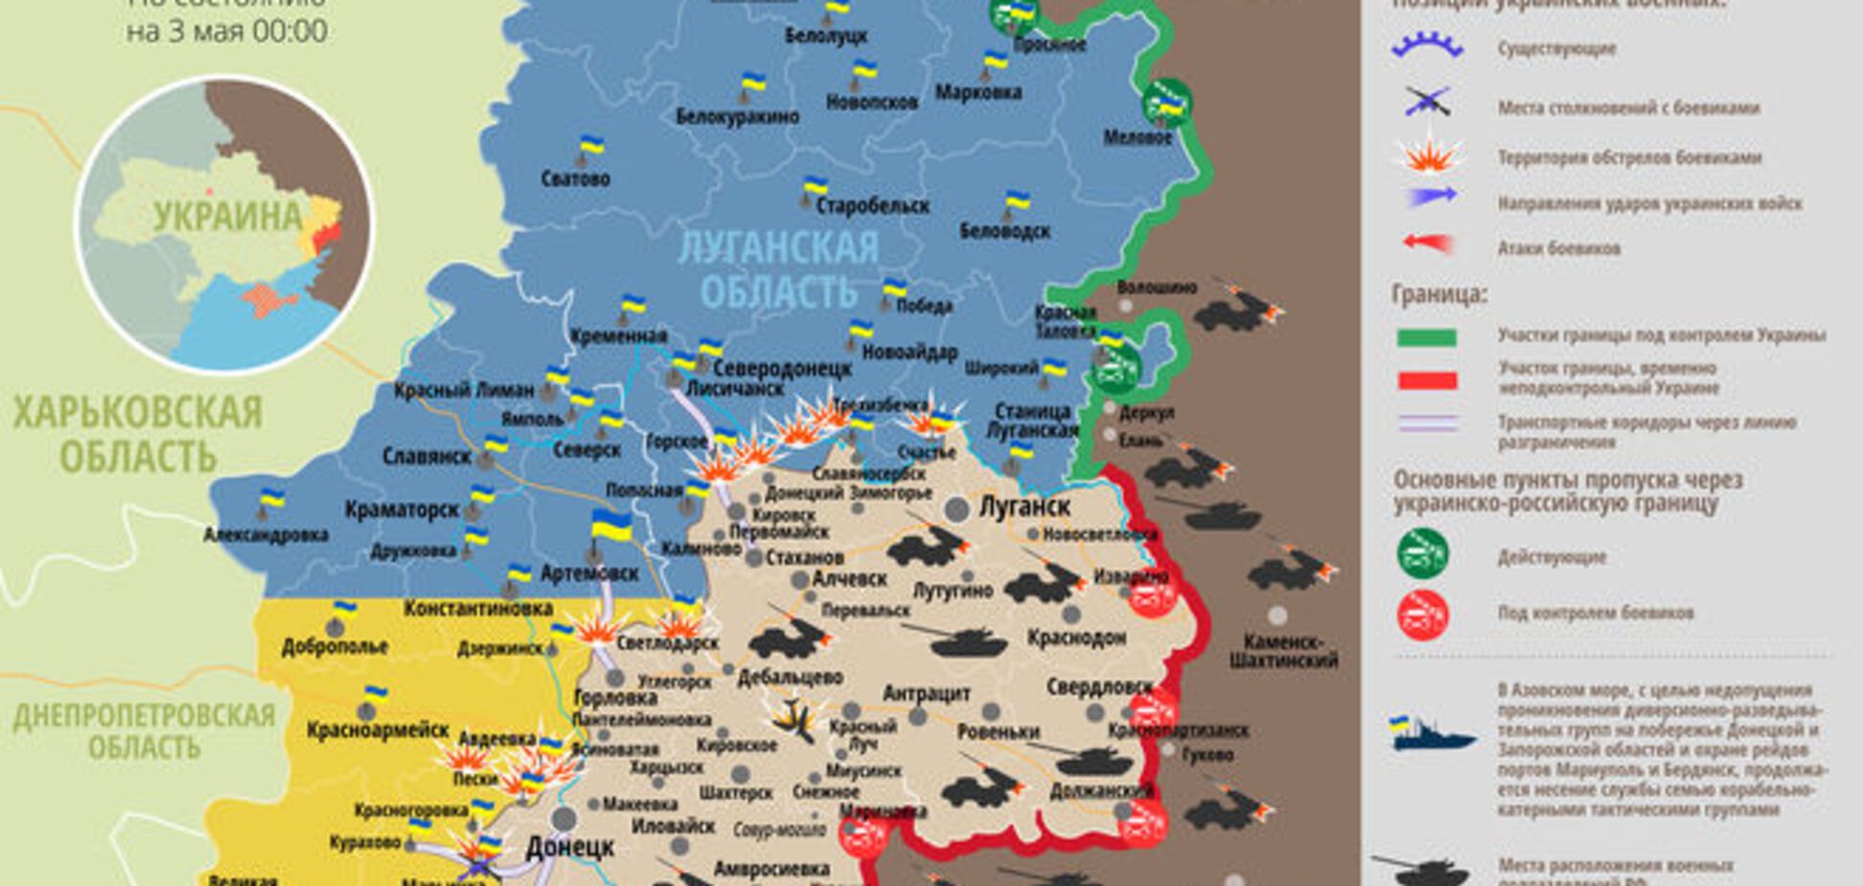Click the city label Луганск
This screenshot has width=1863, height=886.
1023,505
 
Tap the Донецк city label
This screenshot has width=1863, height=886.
569,848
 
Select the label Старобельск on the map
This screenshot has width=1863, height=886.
873,205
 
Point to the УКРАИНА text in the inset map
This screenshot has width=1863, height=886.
227,217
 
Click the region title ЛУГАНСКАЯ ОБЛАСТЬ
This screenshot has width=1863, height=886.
777,268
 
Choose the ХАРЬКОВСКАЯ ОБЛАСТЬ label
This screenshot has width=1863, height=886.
137,434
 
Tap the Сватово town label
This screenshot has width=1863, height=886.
574,178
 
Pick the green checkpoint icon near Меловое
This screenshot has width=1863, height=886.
1166,102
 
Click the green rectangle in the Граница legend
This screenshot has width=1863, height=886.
1426,337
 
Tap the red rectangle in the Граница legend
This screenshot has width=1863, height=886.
1426,381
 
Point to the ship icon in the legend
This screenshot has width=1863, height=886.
1432,734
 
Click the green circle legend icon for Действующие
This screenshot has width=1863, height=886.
1422,554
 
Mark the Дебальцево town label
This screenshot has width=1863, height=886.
790,677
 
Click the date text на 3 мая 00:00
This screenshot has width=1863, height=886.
226,32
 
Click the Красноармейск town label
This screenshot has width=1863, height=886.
378,731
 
